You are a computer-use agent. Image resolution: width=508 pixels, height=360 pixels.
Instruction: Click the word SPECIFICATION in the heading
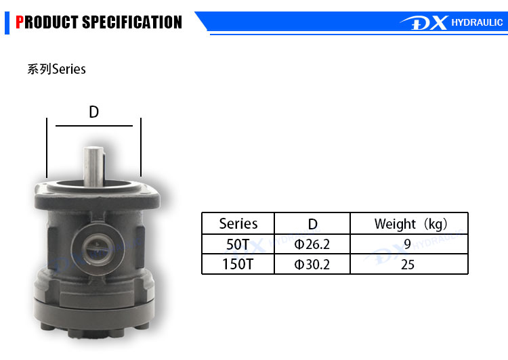[x=132, y=22]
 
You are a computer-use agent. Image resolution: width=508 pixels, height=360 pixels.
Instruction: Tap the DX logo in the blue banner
[x=424, y=22]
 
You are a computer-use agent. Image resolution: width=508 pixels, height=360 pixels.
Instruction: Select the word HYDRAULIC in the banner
[x=477, y=22]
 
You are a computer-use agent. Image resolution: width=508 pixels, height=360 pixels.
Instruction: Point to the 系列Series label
[x=56, y=69]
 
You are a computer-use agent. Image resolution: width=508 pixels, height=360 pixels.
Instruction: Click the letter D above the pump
[x=93, y=112]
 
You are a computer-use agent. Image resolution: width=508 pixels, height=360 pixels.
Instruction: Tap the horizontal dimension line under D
[x=94, y=126]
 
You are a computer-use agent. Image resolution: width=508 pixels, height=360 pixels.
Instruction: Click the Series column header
[x=238, y=224]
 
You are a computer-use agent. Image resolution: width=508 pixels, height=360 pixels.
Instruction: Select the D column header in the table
[x=313, y=224]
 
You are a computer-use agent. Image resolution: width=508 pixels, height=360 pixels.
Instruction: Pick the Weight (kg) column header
[x=411, y=224]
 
